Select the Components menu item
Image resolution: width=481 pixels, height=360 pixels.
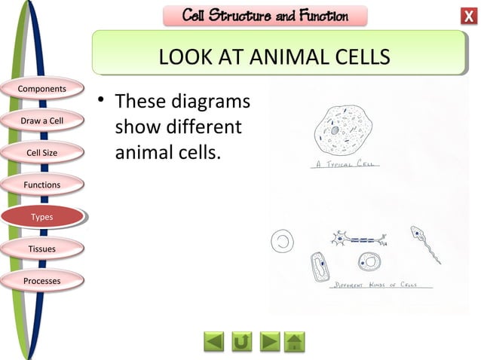[x=41, y=89]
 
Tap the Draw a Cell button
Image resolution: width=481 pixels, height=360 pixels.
[x=41, y=121]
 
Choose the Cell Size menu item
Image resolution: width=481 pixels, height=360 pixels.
[x=41, y=153]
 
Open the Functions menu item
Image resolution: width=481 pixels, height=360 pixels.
[x=41, y=185]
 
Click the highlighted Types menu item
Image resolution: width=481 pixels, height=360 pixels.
[x=41, y=217]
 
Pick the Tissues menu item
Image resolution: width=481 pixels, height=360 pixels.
[x=41, y=249]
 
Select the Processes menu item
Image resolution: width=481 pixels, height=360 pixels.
[x=41, y=281]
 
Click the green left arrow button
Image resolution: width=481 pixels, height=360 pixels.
[x=215, y=342]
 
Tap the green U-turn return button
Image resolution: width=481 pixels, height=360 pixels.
[x=241, y=342]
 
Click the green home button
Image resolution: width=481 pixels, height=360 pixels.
[x=295, y=342]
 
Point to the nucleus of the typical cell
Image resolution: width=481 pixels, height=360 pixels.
[x=334, y=130]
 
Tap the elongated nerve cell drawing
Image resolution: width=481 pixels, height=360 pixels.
[x=359, y=239]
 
